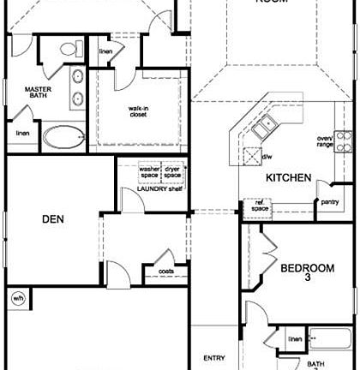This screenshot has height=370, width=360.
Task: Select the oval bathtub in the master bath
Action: [x=64, y=134]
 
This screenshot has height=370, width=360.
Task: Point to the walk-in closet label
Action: [x=141, y=113]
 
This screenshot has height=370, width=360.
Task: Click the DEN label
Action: [x=54, y=219]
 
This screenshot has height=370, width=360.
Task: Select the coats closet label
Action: [x=167, y=273]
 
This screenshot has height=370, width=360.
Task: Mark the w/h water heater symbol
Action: [x=18, y=299]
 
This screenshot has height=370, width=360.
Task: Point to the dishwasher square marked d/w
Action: [x=253, y=155]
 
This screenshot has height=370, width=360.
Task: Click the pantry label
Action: [x=329, y=202]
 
